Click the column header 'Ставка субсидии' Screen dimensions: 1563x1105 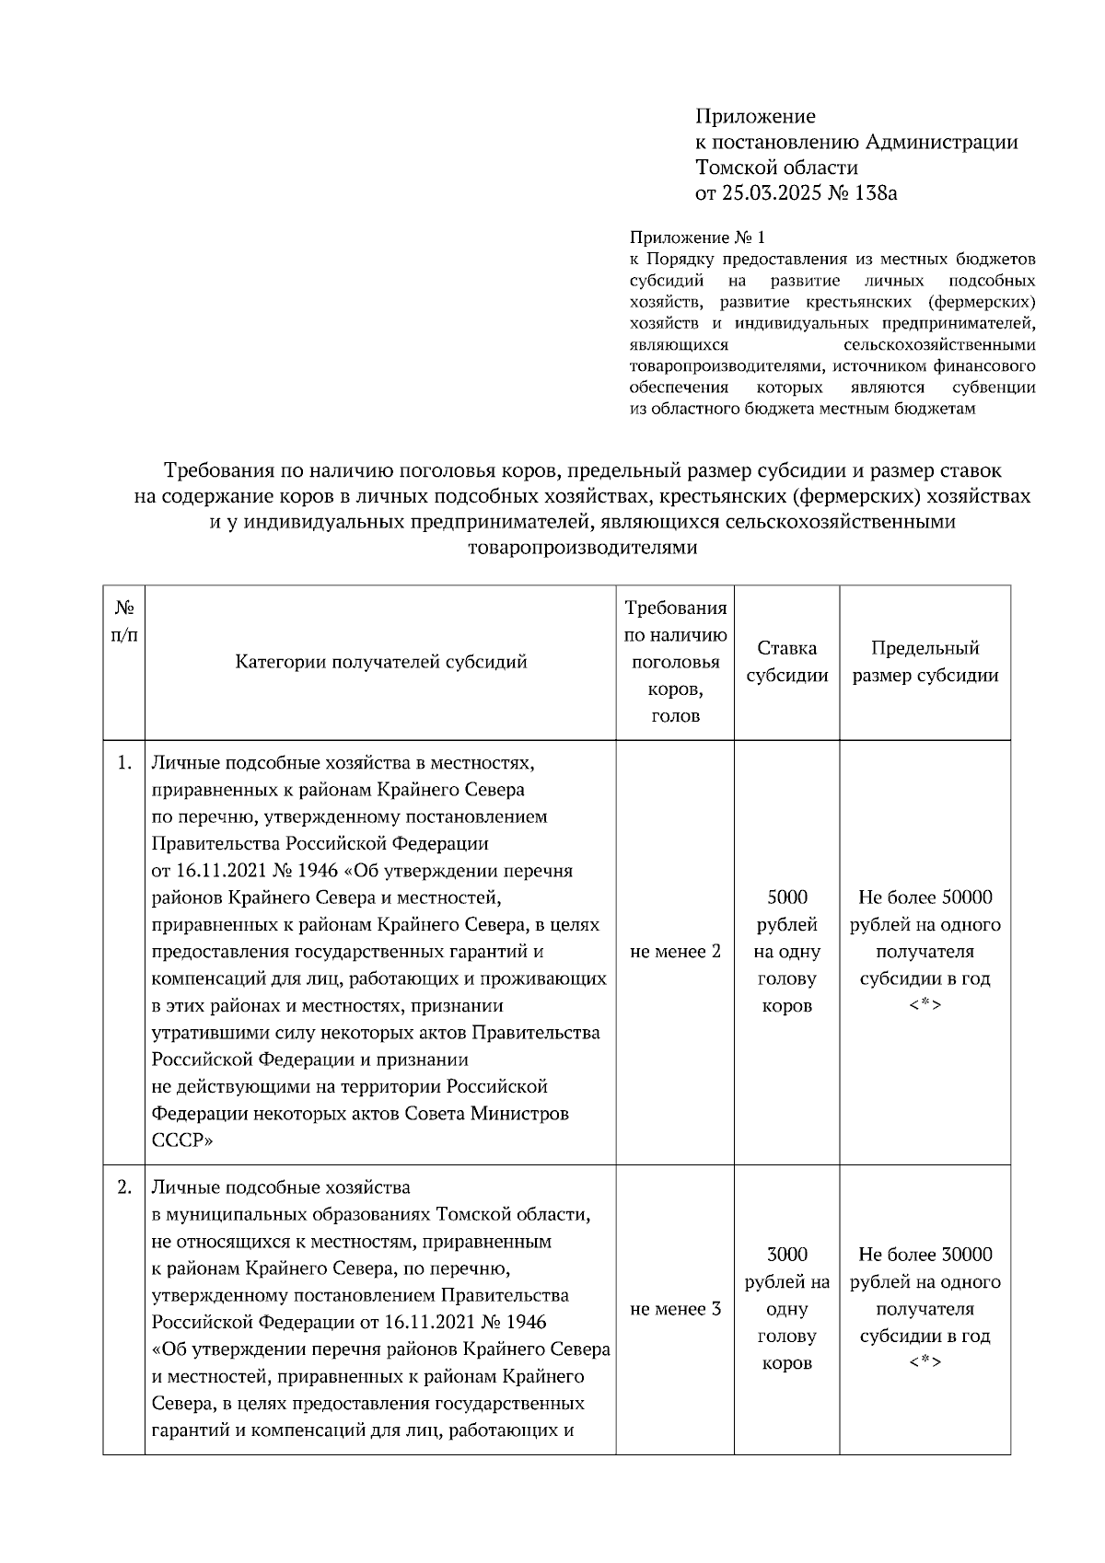click(786, 661)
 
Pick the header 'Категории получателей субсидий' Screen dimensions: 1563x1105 click(380, 661)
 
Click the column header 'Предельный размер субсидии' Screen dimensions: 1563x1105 click(925, 661)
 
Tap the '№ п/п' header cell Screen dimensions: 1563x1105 click(124, 621)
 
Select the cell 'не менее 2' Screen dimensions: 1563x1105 click(675, 951)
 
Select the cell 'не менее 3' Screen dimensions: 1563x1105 click(675, 1308)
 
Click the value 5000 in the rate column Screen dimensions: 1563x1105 click(786, 897)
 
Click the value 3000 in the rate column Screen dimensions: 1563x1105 click(786, 1254)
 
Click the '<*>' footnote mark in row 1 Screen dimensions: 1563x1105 click(925, 1005)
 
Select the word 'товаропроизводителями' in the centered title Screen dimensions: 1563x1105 click(583, 548)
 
